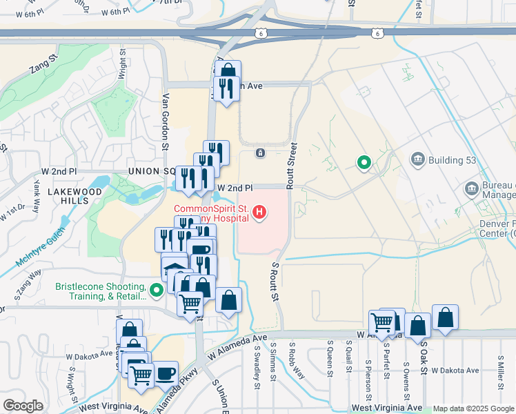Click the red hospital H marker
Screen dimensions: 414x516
point(259,212)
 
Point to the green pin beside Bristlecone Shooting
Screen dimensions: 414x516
point(157,290)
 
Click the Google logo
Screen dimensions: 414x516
point(23,406)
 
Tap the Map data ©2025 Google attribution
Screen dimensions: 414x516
point(473,408)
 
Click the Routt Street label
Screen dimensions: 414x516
point(292,166)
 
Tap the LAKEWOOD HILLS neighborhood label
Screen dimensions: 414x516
point(69,195)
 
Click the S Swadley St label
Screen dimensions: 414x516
point(257,366)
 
